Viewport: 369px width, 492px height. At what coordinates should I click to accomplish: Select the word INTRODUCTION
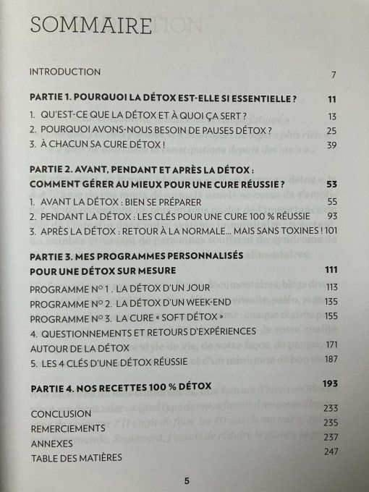[x=64, y=72]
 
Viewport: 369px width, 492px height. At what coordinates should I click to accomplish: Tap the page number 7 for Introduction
[x=334, y=75]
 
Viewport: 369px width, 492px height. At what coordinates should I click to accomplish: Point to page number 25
[x=333, y=131]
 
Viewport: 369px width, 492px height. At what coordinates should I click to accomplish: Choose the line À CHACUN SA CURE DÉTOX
[x=103, y=147]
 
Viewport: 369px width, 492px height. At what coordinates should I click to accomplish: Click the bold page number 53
[x=332, y=184]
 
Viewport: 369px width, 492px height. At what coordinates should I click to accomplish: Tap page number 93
[x=333, y=217]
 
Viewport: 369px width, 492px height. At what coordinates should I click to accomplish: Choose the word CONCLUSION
[x=60, y=413]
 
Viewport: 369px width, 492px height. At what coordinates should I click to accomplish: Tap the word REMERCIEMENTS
[x=69, y=428]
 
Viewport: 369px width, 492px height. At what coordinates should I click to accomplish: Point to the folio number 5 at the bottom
[x=186, y=480]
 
